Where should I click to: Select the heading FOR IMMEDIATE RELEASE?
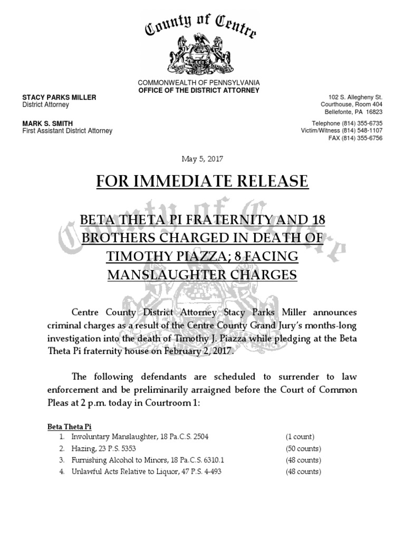[202, 182]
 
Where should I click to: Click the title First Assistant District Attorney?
[67, 131]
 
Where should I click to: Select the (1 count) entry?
[300, 437]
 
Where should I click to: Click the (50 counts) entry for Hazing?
[303, 449]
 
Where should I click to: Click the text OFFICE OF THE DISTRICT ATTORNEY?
[199, 90]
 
